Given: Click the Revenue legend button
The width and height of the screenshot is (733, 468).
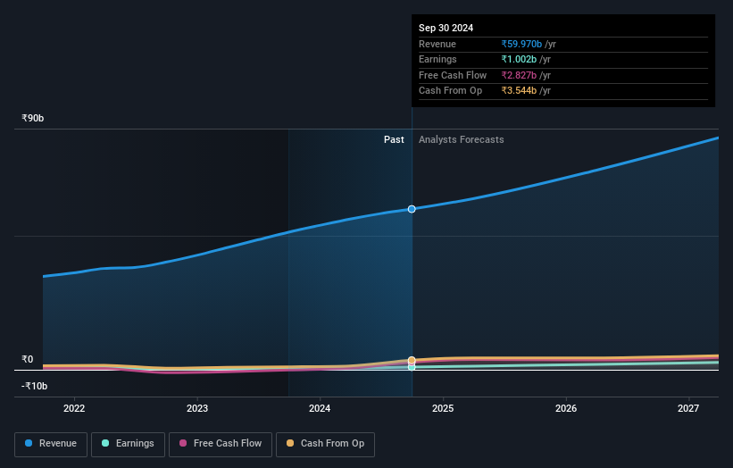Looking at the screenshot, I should tap(51, 444).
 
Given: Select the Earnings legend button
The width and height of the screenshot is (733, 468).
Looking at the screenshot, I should tap(128, 444).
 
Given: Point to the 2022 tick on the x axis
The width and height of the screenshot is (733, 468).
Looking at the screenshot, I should tap(74, 408).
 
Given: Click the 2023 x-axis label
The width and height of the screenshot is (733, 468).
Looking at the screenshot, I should tap(197, 408).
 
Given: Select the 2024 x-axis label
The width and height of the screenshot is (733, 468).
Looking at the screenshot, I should tap(320, 408).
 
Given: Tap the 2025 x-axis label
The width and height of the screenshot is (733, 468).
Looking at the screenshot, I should tap(443, 408).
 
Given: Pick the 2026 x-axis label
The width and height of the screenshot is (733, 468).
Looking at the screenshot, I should tap(565, 408).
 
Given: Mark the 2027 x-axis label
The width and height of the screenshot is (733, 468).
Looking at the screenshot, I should tap(688, 408).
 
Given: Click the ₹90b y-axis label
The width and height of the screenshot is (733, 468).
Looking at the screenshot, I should tap(33, 118).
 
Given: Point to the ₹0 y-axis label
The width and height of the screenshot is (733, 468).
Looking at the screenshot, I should tap(27, 359).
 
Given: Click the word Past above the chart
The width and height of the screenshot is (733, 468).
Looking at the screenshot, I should tap(394, 140).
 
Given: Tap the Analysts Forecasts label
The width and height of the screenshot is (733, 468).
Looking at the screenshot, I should tap(461, 140).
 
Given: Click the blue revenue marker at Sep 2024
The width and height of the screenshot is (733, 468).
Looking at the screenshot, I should tap(412, 209).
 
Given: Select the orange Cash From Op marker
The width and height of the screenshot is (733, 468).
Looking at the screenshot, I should tap(412, 361).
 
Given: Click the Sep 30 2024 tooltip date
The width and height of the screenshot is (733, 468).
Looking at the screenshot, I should tap(446, 28).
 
